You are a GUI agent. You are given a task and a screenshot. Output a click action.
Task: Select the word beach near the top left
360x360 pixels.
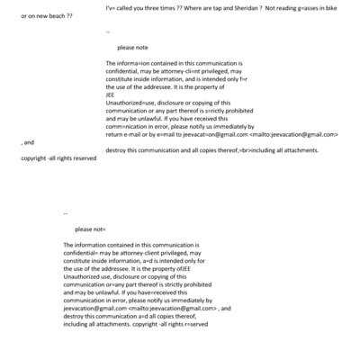coord(57,16)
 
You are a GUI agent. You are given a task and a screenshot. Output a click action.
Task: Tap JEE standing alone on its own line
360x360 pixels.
coord(110,95)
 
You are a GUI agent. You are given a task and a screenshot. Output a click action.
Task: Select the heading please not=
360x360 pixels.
coord(91,229)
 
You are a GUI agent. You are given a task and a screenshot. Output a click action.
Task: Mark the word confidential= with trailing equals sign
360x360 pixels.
coord(87,252)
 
